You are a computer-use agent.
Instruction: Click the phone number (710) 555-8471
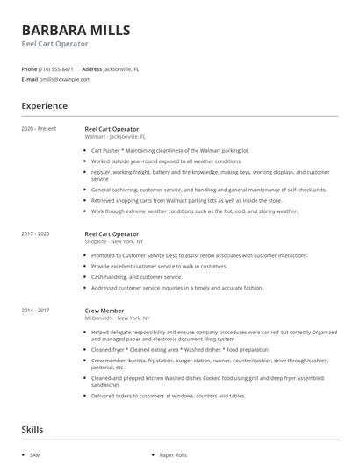[x=57, y=68]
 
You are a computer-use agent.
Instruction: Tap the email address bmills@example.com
[x=65, y=79]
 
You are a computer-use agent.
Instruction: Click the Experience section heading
[x=44, y=106]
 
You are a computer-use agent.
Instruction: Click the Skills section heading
[x=32, y=430]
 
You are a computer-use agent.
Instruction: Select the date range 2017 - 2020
[x=35, y=234]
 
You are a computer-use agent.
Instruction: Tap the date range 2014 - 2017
[x=35, y=310]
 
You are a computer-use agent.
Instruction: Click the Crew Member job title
[x=104, y=310]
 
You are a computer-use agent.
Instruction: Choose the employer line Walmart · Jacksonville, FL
[x=115, y=137]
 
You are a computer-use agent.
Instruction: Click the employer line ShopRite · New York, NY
[x=113, y=242]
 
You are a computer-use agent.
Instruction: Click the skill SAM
[x=34, y=455]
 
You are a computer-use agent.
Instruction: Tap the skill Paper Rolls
[x=173, y=455]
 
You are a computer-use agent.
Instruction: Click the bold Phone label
[x=29, y=68]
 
